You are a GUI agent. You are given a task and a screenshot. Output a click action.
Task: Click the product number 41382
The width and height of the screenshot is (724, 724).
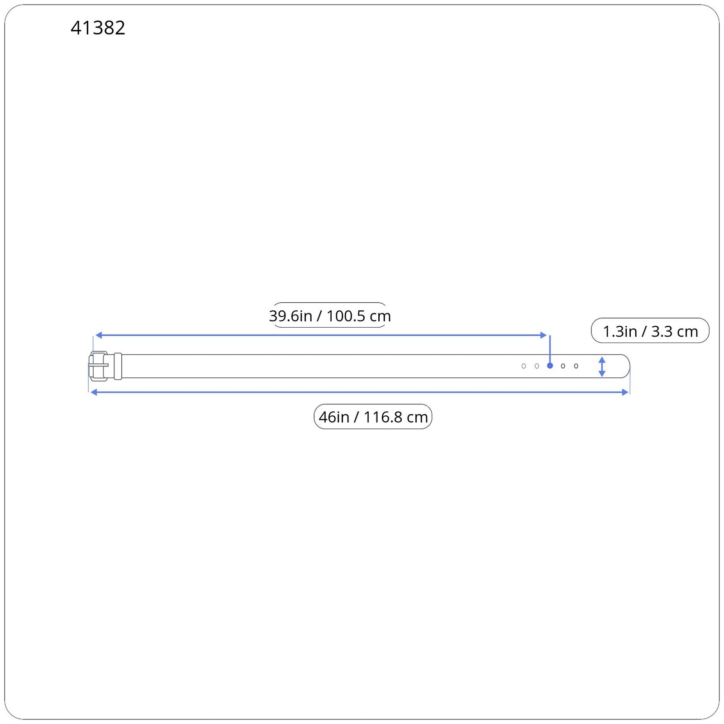click(x=98, y=28)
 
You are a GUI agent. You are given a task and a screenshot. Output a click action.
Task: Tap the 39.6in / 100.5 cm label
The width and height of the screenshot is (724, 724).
click(x=330, y=315)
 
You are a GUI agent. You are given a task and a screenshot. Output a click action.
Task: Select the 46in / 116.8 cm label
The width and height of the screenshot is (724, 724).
click(x=373, y=417)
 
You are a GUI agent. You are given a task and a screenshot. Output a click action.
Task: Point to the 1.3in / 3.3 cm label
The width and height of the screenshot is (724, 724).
click(x=650, y=331)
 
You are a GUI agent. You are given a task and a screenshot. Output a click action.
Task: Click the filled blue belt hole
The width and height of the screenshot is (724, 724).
click(x=550, y=366)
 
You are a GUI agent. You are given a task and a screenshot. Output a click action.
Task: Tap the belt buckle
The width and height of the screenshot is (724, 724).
click(x=98, y=366)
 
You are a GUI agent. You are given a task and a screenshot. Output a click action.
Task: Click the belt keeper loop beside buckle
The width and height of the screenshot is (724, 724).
click(x=118, y=366)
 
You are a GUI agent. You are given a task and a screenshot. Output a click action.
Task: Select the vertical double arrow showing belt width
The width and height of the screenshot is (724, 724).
click(x=602, y=367)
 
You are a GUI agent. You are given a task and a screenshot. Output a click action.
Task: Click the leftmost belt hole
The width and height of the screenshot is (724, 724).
click(x=524, y=366)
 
